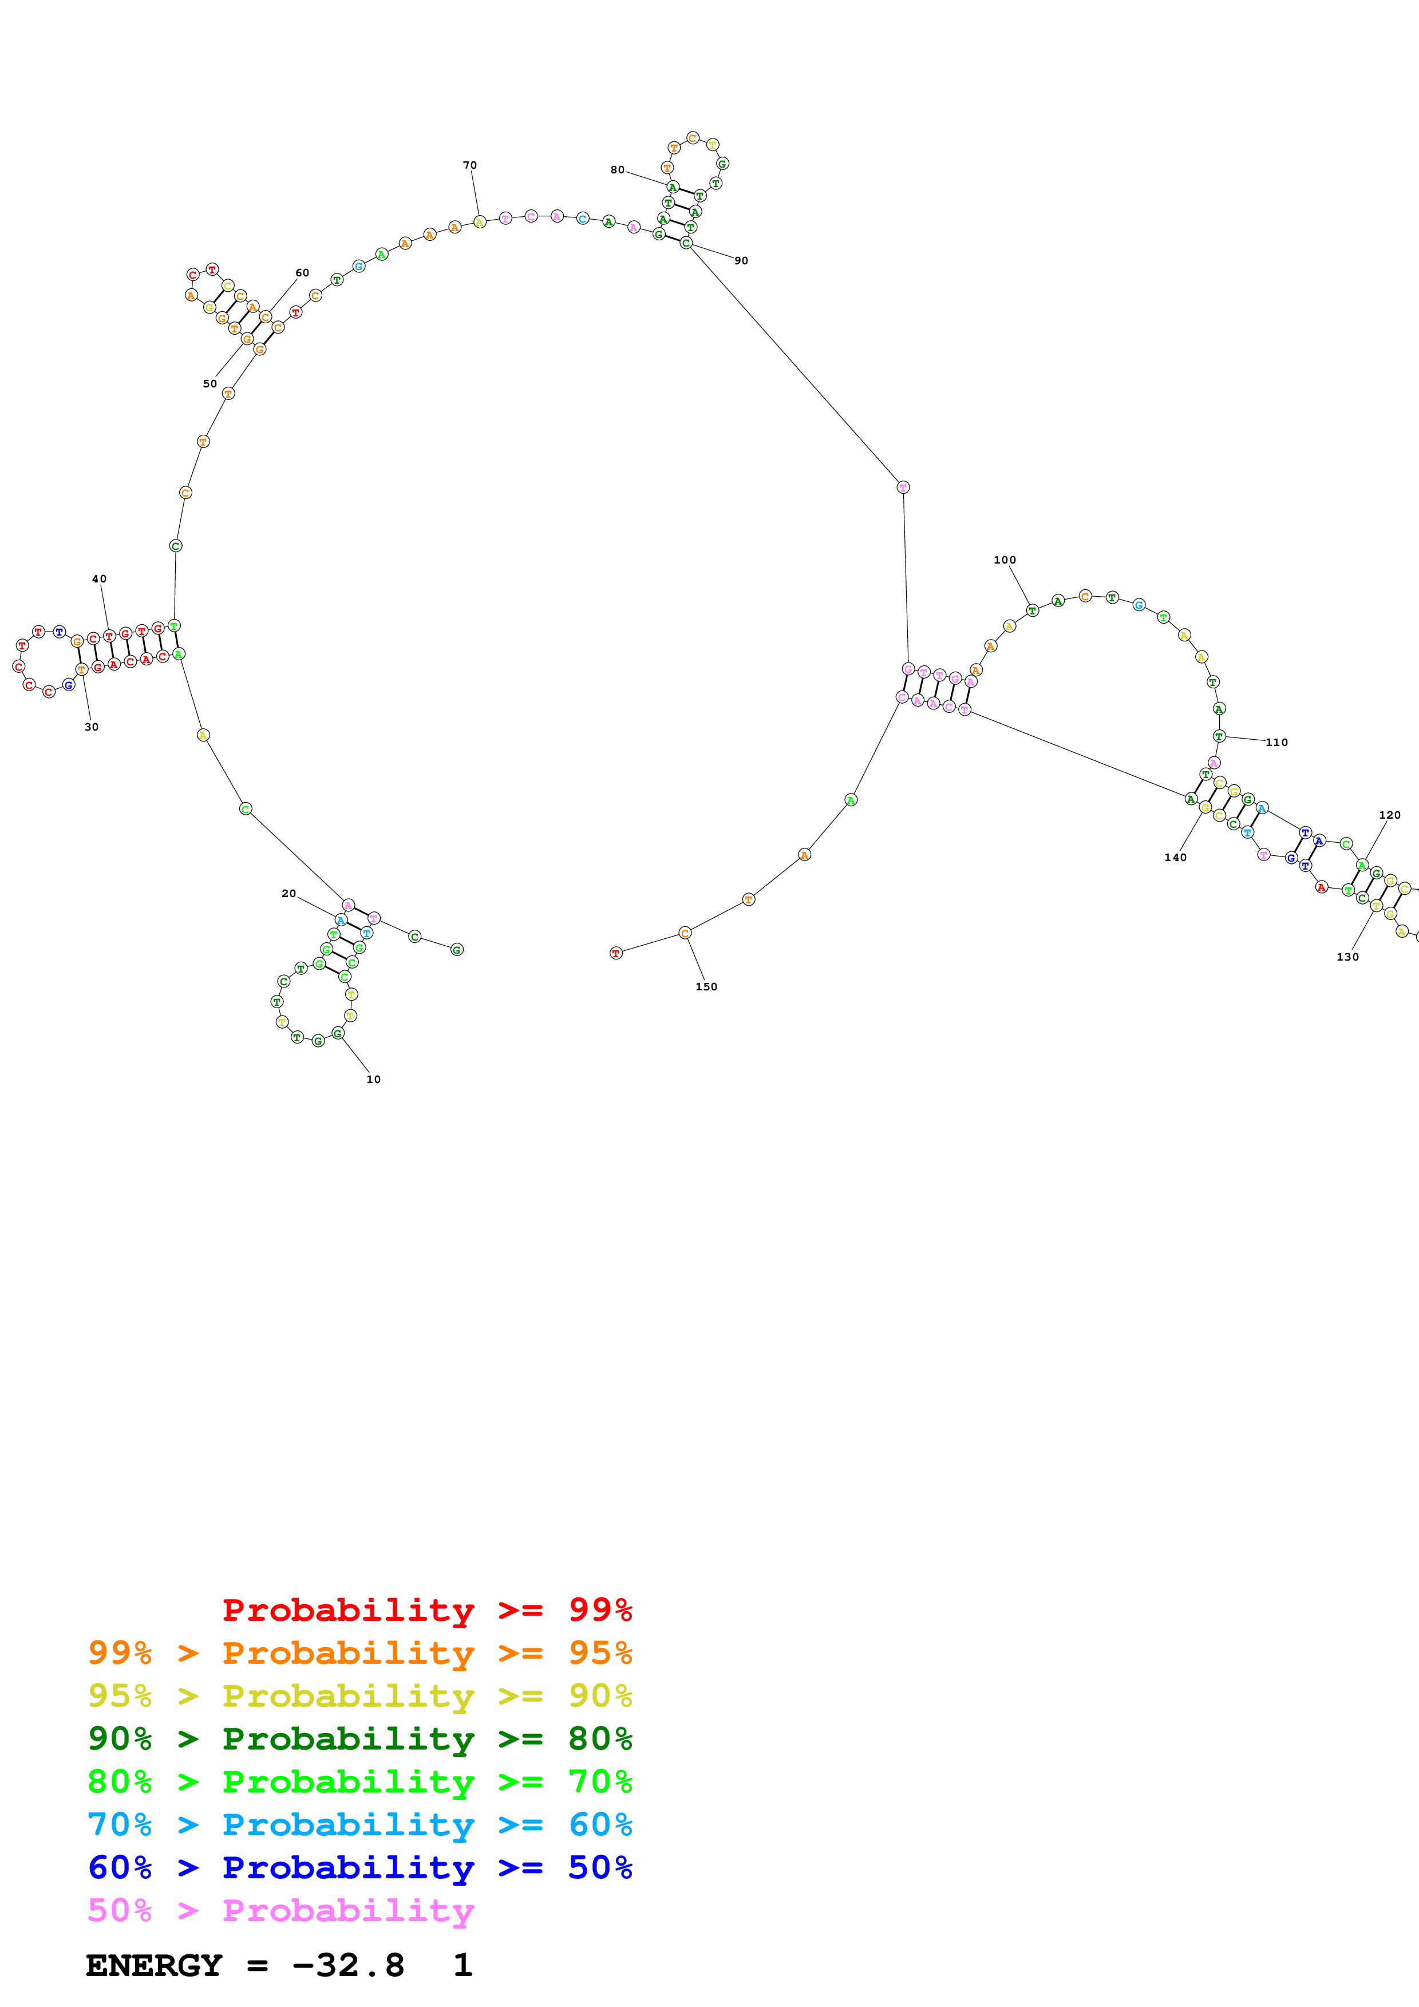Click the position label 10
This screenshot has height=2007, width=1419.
373,1080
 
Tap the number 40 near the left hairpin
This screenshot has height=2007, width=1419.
100,578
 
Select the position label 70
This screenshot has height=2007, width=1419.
469,165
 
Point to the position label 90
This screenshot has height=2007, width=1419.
741,260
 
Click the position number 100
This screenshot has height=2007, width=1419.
1005,560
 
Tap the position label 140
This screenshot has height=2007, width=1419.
1175,858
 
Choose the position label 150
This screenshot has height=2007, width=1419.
706,987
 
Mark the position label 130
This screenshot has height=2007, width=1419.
1347,957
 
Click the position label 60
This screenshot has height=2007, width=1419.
302,273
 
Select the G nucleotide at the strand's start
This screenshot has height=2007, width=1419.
456,949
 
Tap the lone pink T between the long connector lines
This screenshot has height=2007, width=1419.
903,487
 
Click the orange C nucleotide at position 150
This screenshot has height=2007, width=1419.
685,933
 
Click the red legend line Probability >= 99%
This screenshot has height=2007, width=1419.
426,1609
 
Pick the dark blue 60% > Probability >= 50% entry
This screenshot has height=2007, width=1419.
359,1867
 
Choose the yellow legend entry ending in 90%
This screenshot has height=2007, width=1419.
359,1696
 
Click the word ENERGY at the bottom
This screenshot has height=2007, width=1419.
154,1966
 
